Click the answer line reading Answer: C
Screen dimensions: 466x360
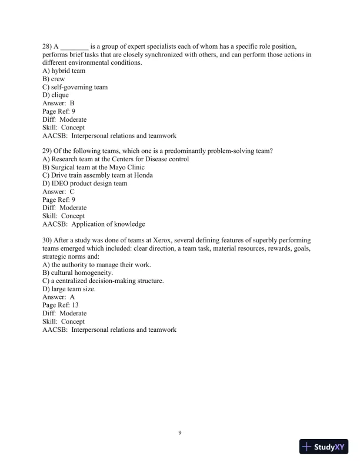click(x=59, y=192)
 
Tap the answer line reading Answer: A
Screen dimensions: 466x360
click(x=59, y=297)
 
